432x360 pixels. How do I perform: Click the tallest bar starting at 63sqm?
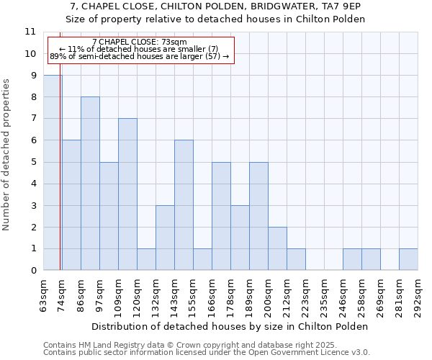coord(53,173)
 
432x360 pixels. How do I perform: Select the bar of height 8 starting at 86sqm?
coord(90,184)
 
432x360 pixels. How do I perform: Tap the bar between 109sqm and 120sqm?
coord(127,194)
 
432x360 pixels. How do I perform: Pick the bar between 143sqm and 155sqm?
coord(184,205)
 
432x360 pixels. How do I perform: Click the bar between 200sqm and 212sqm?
coord(277,249)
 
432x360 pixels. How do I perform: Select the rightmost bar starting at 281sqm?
coord(408,260)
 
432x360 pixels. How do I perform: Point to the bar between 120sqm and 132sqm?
coord(146,260)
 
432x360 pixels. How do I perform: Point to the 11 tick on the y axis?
coord(30,32)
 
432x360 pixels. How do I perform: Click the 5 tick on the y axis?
coord(33,162)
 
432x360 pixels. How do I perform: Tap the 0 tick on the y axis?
coord(33,271)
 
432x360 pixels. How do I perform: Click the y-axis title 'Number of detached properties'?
coord(6,156)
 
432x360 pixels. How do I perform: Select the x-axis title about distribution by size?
coord(230,326)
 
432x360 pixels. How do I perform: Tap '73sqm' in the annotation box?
coord(174,42)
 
